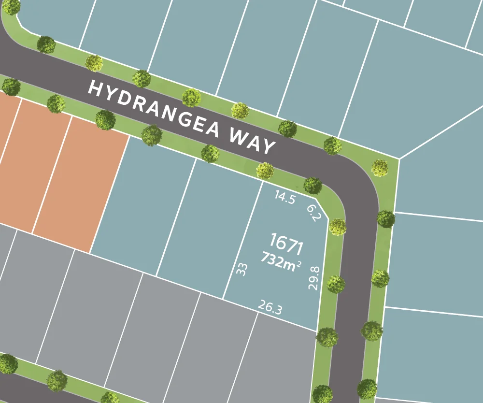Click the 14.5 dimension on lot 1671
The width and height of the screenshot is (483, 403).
click(284, 197)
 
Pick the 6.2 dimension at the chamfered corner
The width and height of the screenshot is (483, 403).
click(313, 212)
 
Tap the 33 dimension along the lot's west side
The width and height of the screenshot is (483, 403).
click(242, 269)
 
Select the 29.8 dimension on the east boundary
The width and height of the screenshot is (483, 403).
click(314, 278)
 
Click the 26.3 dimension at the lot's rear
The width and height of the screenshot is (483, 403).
click(270, 307)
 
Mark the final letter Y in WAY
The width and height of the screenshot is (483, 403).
click(268, 146)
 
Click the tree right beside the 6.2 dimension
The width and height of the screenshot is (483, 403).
click(337, 227)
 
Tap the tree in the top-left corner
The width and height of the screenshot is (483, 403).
click(11, 6)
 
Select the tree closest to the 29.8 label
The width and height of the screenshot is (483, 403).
click(335, 284)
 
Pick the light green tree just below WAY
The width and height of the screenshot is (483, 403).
click(265, 170)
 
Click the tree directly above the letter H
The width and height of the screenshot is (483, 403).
click(94, 63)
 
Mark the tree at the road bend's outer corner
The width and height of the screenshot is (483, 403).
click(380, 168)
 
